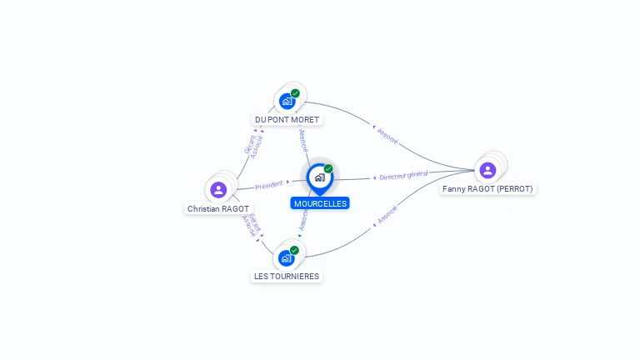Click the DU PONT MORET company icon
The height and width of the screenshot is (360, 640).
[287, 101]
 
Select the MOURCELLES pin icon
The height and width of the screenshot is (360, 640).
[319, 177]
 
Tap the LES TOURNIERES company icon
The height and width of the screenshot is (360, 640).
[287, 257]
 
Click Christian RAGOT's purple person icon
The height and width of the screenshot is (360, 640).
[218, 189]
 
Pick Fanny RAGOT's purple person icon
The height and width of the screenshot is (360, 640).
[487, 170]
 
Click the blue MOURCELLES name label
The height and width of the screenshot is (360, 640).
[320, 203]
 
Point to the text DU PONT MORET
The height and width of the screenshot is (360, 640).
[287, 120]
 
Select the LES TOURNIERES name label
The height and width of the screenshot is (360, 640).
[287, 276]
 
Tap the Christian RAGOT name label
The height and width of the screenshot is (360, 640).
[218, 208]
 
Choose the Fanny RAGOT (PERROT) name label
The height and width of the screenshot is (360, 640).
[487, 188]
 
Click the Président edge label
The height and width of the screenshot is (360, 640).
[269, 185]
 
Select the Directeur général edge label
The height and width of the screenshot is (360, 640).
[402, 176]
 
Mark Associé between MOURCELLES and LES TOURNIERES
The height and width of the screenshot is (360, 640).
[303, 218]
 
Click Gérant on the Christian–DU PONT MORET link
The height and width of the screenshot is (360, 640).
[248, 144]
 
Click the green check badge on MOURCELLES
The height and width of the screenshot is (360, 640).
[328, 168]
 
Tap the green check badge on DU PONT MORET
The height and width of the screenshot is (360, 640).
[295, 93]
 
